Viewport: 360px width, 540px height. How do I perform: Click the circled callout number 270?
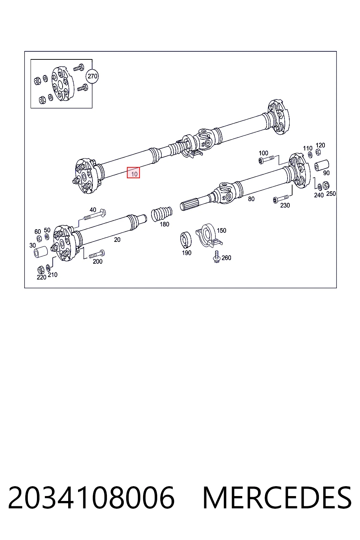tap(92, 76)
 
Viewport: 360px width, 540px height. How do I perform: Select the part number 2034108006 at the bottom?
tap(91, 498)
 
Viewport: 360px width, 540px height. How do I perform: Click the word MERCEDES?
tap(277, 498)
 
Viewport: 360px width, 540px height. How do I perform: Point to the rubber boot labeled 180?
tap(162, 214)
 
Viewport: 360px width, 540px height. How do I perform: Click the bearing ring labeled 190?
tap(186, 240)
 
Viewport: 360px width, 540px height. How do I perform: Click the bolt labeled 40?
tap(95, 215)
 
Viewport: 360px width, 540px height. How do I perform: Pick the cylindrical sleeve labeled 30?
tap(40, 252)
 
